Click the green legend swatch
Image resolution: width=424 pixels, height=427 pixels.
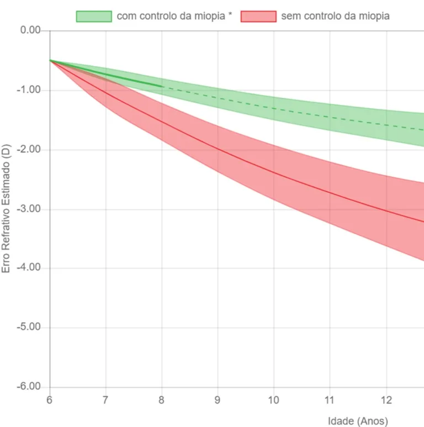click(x=94, y=16)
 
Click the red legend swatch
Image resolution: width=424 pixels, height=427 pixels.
click(x=258, y=16)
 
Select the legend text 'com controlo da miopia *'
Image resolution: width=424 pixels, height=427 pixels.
click(x=174, y=16)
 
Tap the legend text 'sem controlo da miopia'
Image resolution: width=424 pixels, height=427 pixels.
click(x=335, y=16)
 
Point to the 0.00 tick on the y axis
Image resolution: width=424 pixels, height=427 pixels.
click(x=31, y=30)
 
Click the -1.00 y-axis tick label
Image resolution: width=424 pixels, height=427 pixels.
click(x=30, y=90)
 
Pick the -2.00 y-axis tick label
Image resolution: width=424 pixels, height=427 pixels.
click(x=30, y=150)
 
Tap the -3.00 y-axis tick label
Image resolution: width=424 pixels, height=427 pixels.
click(x=30, y=209)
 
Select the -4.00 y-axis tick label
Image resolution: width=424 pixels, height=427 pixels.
click(x=30, y=268)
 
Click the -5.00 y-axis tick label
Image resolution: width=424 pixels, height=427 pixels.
click(x=30, y=328)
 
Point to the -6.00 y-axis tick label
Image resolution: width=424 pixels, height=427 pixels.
click(x=30, y=387)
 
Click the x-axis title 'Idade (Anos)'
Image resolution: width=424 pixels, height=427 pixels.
click(x=358, y=421)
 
